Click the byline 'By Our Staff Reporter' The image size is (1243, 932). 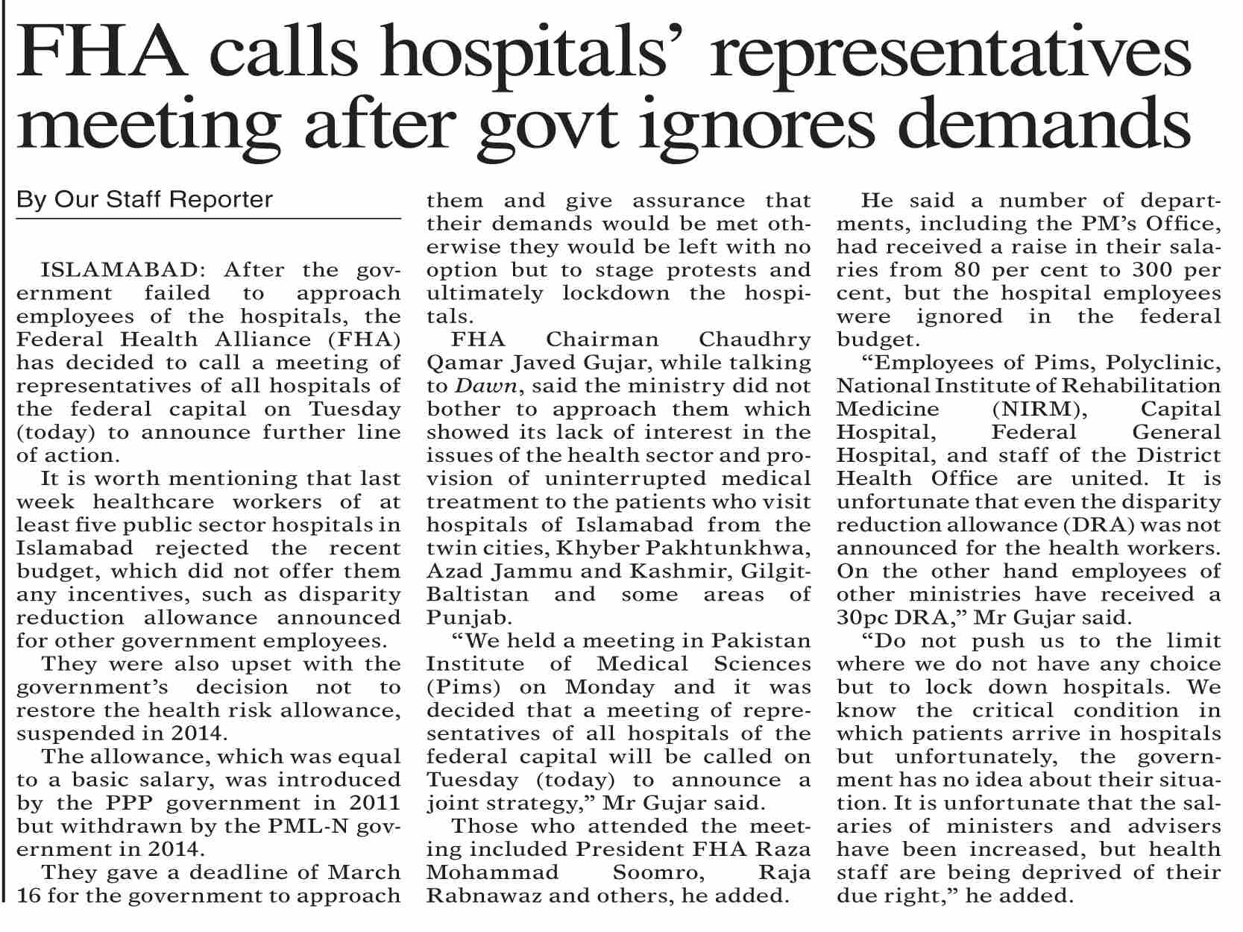click(x=145, y=200)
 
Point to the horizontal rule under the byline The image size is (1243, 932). click(x=209, y=219)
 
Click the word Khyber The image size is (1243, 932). click(x=593, y=548)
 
